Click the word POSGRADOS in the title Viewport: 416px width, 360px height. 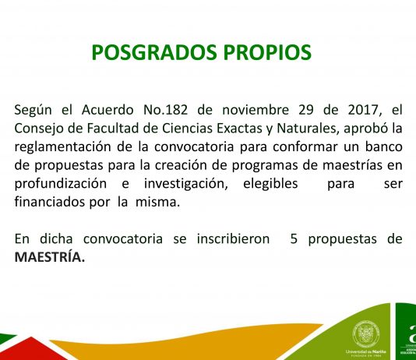(154, 52)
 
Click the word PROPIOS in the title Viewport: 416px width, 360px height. (267, 52)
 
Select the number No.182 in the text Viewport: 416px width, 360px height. (166, 110)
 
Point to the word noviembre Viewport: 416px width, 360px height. (256, 110)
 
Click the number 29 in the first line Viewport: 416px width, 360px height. (306, 110)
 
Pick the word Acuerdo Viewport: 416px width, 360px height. (108, 110)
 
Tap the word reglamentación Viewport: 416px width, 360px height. (62, 147)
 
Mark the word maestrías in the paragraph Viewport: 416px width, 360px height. (353, 165)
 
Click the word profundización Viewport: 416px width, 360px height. (61, 185)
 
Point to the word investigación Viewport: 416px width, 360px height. (186, 185)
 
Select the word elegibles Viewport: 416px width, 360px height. (270, 185)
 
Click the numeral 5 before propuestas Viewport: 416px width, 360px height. (294, 239)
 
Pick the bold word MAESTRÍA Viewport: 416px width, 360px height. (50, 257)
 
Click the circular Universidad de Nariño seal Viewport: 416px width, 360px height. (366, 334)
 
